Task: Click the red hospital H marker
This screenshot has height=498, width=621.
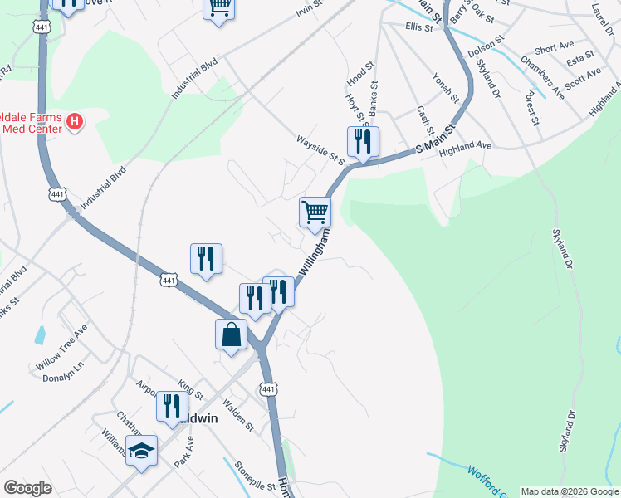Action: click(x=75, y=123)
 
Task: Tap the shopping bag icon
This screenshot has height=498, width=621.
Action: click(x=232, y=335)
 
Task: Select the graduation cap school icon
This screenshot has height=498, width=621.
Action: click(x=142, y=452)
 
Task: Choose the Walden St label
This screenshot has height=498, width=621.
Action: click(x=238, y=414)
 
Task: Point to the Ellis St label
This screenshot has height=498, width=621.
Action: click(x=419, y=27)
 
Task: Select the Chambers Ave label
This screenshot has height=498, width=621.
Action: click(x=543, y=78)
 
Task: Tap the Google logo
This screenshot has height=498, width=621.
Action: click(x=27, y=488)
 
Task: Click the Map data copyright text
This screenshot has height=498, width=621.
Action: click(x=569, y=491)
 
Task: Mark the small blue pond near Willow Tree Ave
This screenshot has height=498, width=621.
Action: click(x=40, y=335)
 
